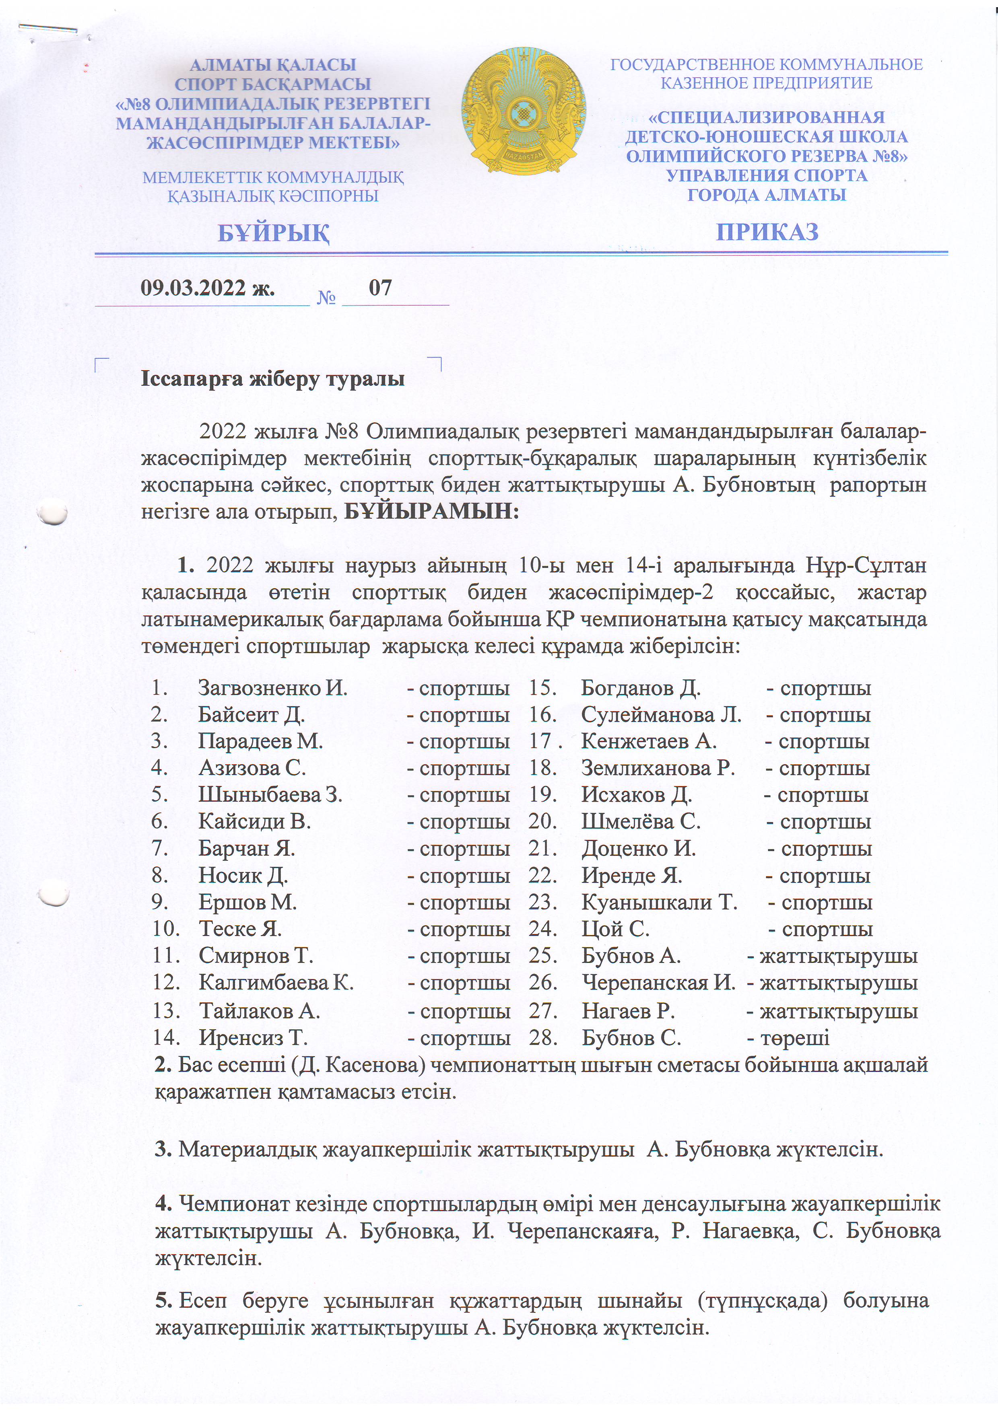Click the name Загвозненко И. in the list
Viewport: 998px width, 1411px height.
click(x=272, y=688)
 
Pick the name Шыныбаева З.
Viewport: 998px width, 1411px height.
click(x=270, y=795)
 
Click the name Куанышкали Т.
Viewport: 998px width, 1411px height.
click(x=659, y=902)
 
